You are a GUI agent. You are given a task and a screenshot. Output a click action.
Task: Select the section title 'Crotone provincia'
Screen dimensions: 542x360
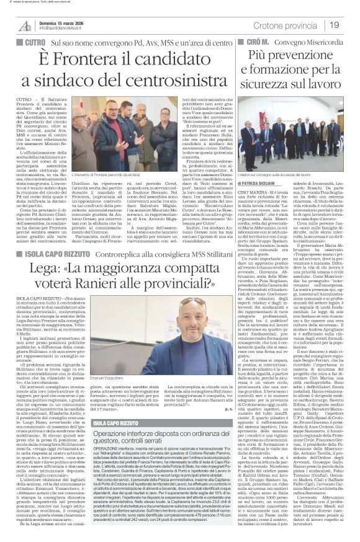coord(286,25)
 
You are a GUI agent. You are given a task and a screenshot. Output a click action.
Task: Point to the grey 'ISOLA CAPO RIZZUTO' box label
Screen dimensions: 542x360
coord(112,370)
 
